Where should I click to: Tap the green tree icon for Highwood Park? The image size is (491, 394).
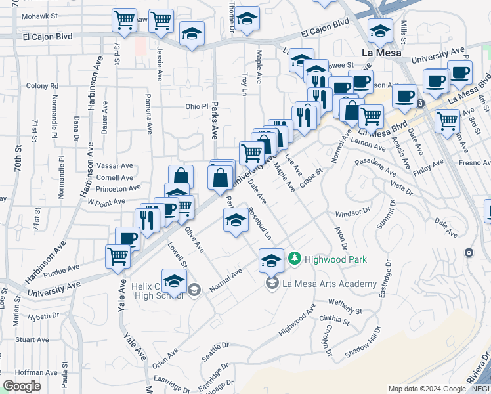(x=295, y=259)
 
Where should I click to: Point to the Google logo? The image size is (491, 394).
(x=22, y=386)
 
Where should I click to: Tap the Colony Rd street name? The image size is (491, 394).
(x=42, y=85)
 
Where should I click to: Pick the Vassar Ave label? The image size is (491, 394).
(x=114, y=167)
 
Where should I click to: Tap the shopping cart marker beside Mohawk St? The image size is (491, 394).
(x=124, y=21)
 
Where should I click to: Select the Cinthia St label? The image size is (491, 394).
(x=335, y=318)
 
